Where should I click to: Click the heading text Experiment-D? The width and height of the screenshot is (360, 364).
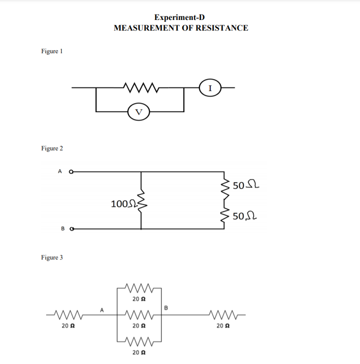pyautogui.click(x=180, y=17)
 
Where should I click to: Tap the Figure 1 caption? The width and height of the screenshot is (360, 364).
pyautogui.click(x=52, y=51)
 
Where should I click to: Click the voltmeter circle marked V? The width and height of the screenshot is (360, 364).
pyautogui.click(x=139, y=112)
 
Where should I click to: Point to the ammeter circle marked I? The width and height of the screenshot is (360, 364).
pyautogui.click(x=211, y=88)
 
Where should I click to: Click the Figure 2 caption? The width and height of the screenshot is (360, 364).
pyautogui.click(x=52, y=149)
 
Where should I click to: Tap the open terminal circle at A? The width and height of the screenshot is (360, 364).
pyautogui.click(x=71, y=171)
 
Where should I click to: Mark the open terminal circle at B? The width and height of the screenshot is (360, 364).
pyautogui.click(x=71, y=229)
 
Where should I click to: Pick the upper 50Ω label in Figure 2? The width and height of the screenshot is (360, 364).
pyautogui.click(x=243, y=185)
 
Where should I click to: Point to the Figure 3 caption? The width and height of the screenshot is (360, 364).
pyautogui.click(x=52, y=258)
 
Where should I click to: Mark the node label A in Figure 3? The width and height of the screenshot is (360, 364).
pyautogui.click(x=102, y=309)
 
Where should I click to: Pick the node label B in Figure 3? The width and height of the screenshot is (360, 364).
pyautogui.click(x=166, y=307)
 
